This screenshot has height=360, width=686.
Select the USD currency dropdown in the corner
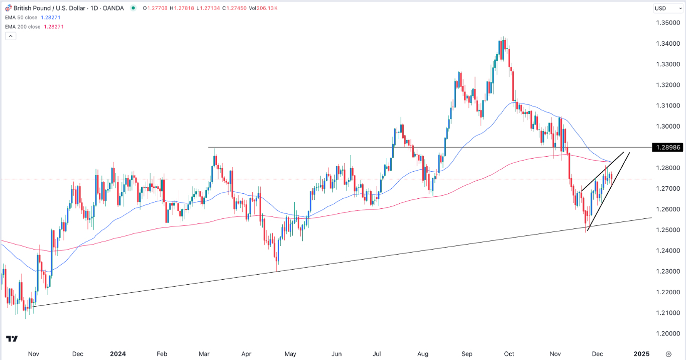coord(663,8)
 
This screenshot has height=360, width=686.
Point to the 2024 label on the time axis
coord(119,353)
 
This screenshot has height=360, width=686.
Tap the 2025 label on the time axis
coord(641,353)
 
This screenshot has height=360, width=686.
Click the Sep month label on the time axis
coord(468,353)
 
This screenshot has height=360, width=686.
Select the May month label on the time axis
coord(290,353)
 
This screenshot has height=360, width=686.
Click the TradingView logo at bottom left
coord(12,339)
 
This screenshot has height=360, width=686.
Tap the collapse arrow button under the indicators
coord(11,36)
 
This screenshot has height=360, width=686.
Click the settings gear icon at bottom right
coord(668,353)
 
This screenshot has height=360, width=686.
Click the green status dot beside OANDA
coord(133,8)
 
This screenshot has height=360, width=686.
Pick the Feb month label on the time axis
coord(162,353)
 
